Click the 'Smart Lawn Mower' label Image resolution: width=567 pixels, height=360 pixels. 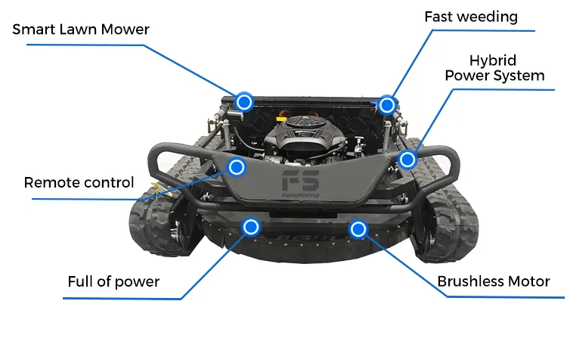[81, 30]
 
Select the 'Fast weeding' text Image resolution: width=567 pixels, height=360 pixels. [470, 17]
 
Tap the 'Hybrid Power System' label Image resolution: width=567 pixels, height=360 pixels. [494, 68]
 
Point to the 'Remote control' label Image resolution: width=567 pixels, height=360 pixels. [79, 182]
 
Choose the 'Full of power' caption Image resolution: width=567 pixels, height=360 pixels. [113, 281]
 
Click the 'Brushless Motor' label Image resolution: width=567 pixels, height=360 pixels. [493, 281]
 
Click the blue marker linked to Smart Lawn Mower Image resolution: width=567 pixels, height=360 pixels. [243, 101]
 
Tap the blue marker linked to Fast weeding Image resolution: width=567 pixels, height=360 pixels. [386, 104]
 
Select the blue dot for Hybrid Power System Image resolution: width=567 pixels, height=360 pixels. [407, 160]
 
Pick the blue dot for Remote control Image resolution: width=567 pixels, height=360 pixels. [237, 166]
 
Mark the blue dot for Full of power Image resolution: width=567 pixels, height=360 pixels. [251, 227]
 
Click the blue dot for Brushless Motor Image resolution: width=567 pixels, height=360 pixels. [358, 228]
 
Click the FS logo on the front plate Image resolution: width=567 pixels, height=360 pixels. [300, 182]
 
